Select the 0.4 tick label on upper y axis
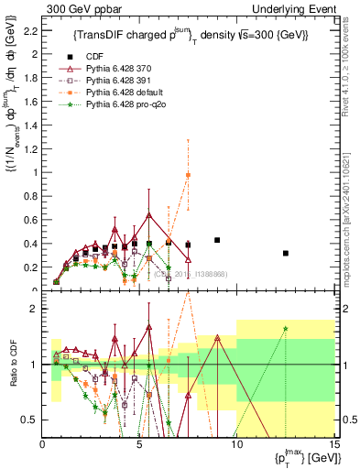(x=29, y=245)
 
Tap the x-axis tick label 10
(x=236, y=446)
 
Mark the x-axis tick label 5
(x=139, y=446)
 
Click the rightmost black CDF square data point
(x=286, y=253)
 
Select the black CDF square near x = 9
(x=217, y=240)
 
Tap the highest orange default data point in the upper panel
(x=188, y=175)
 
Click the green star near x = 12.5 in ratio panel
(x=286, y=329)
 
